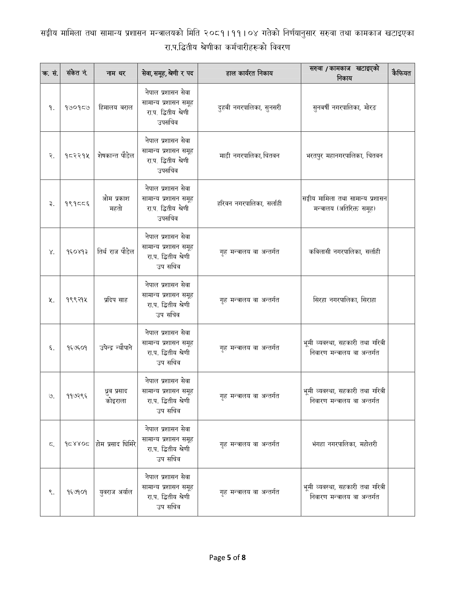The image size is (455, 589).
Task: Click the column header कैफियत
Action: (401, 73)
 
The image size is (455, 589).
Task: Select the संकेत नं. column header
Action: (77, 73)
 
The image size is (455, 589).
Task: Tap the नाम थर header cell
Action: (116, 73)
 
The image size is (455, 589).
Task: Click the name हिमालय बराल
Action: (116, 107)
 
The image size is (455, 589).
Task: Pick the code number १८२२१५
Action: (77, 156)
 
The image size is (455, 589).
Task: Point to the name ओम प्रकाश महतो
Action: (116, 203)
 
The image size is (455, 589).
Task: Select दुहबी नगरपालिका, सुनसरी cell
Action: (249, 107)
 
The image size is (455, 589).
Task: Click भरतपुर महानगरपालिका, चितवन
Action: (344, 156)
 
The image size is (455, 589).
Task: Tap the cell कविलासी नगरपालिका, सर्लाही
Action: (344, 252)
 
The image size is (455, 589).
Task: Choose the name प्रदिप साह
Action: (116, 300)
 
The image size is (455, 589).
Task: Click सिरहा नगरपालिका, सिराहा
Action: (344, 300)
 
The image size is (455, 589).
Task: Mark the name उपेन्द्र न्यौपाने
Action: (116, 348)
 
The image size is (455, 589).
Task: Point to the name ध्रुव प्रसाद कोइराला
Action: (116, 396)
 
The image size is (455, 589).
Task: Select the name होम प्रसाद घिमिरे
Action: (116, 444)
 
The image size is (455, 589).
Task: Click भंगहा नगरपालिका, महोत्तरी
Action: (344, 444)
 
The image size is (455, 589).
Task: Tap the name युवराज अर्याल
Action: (116, 492)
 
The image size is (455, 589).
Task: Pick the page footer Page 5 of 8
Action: (227, 557)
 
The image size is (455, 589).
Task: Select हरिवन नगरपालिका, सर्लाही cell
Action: (249, 203)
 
